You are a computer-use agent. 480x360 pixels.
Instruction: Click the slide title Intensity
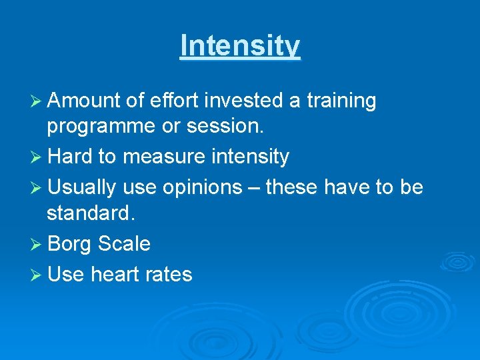click(x=240, y=46)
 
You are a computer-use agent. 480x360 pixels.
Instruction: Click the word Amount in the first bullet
click(x=83, y=101)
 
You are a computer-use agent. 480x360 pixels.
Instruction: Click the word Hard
click(x=70, y=157)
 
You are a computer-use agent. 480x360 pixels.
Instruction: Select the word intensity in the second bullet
click(x=249, y=157)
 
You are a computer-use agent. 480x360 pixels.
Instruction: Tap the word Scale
click(x=124, y=243)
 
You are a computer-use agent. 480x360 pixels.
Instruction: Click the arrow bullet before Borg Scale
click(x=37, y=244)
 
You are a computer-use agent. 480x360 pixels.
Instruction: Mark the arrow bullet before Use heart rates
click(x=37, y=274)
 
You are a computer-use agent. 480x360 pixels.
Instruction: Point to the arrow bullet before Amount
click(x=37, y=101)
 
